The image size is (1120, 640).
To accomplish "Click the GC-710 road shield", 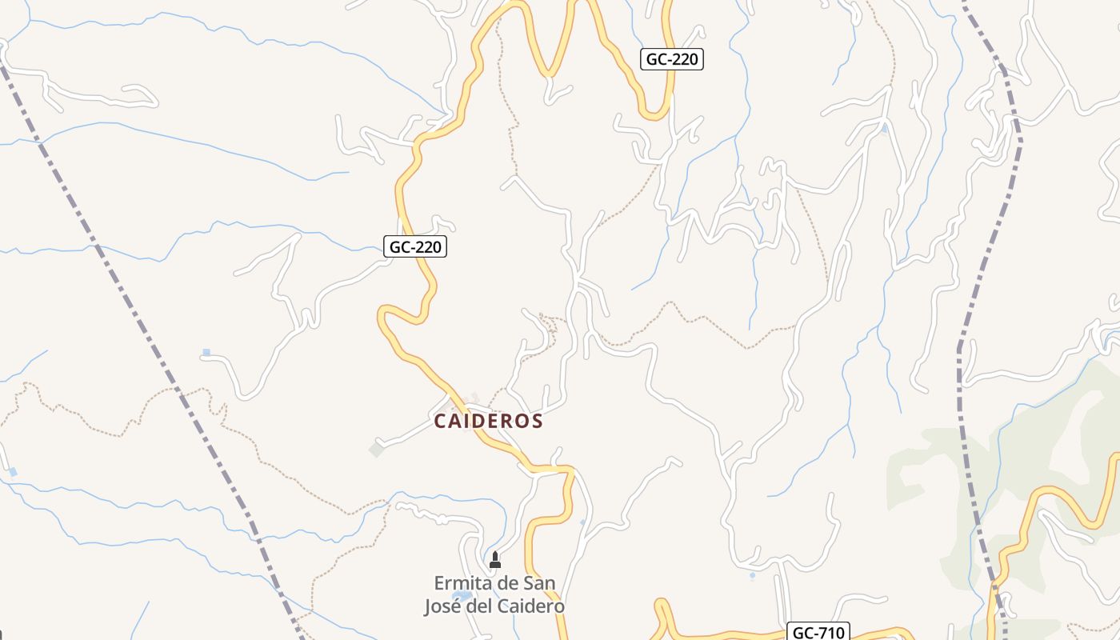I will tap(818, 632).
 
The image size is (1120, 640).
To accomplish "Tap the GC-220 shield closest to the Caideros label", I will tap(415, 246).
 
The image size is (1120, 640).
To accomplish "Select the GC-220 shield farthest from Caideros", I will tap(672, 59).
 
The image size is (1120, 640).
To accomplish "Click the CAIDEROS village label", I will tap(489, 421).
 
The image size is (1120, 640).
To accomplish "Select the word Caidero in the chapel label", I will tap(531, 606).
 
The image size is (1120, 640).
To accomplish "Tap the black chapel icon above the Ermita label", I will tap(494, 560).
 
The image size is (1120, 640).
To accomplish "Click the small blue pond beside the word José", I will tap(462, 596).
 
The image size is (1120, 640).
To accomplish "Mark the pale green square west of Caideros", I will tap(377, 450).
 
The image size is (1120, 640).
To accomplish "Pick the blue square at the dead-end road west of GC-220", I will tap(206, 352).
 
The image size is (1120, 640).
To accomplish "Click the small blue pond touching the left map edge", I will tap(12, 472).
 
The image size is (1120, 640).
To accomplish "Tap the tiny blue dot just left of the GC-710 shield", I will tap(752, 575).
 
